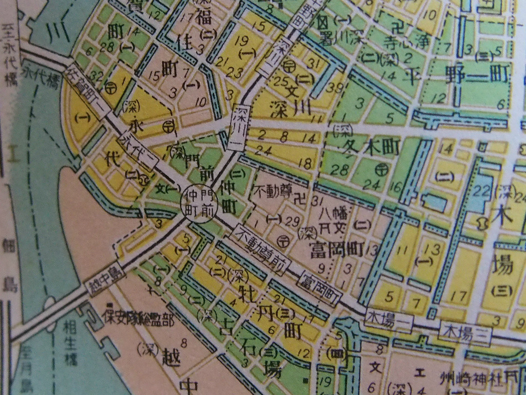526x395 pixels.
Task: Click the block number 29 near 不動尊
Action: tap(292, 223)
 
